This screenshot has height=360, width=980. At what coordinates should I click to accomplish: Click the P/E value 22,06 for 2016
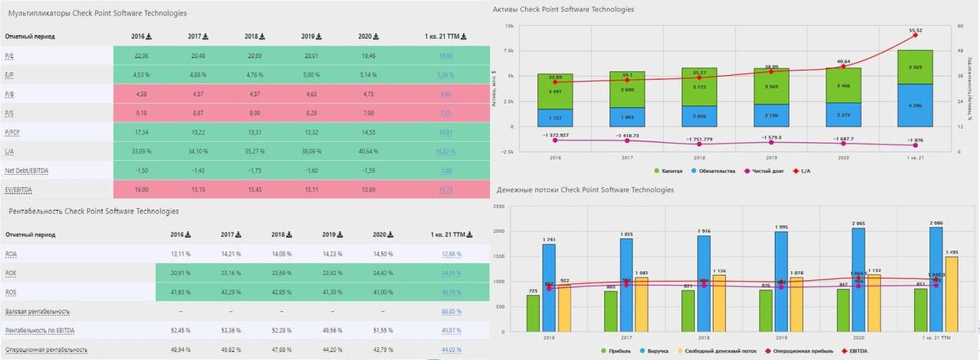141,56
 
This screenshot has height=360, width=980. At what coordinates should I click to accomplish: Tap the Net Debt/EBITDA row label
25,170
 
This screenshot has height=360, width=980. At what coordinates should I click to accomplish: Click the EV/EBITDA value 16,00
141,189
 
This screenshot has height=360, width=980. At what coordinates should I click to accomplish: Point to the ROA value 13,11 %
181,254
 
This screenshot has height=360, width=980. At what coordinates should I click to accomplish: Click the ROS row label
11,292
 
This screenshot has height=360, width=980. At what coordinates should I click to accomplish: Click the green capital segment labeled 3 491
555,92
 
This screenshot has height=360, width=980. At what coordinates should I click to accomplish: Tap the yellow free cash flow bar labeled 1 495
951,294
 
